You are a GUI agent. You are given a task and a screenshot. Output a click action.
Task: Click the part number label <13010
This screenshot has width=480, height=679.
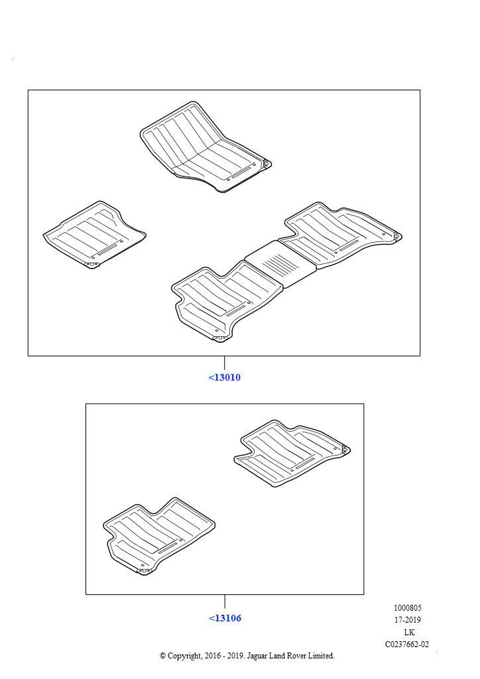coord(224,377)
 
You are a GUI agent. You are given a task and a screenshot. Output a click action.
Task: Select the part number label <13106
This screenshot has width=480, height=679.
coord(225,618)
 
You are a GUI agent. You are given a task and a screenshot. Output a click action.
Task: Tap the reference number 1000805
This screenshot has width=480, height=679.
coord(407,608)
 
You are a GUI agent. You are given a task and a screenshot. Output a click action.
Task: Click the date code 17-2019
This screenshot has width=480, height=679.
coord(407,620)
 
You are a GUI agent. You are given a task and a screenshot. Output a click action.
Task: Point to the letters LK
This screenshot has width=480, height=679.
coord(409,632)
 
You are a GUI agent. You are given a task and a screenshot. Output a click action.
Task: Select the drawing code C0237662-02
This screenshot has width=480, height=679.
coord(407,645)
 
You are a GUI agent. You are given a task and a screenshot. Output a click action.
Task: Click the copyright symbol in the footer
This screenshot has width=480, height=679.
coord(162,656)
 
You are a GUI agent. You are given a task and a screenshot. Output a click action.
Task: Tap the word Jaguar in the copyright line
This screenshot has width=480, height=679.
coord(257,656)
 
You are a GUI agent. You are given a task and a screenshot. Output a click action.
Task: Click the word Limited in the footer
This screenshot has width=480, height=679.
coord(321,656)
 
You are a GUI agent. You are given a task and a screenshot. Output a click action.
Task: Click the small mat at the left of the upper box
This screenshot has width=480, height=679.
coord(94,234)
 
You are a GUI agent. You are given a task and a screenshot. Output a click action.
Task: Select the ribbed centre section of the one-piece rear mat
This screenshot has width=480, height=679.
coord(280,264)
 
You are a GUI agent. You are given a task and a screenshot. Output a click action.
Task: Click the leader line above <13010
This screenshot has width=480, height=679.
coord(224,363)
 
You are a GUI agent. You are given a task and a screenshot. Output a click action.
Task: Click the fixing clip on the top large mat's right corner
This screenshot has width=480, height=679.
coord(267,164)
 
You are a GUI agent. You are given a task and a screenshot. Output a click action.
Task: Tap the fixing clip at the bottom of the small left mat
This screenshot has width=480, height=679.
coord(91,265)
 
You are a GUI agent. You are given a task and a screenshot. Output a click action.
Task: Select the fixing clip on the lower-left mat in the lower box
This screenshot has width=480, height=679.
coord(144,571)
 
